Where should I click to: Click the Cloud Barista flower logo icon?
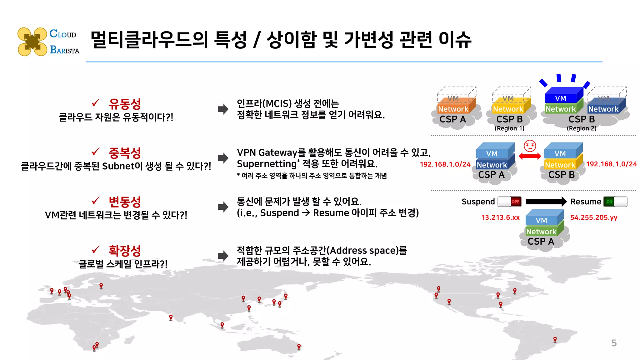32,42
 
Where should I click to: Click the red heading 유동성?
125,104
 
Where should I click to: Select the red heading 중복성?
125,153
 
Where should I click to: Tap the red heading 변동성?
125,202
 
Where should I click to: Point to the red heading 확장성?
125,251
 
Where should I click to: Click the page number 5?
614,343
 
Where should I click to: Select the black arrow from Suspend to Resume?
546,202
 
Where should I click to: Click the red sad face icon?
530,146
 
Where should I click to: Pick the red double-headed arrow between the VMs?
530,156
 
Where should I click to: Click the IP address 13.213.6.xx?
500,217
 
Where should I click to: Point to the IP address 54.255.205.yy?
594,217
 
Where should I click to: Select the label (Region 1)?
509,128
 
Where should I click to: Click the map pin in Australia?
299,346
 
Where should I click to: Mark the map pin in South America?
555,339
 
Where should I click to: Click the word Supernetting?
267,164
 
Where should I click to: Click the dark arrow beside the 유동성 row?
223,109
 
